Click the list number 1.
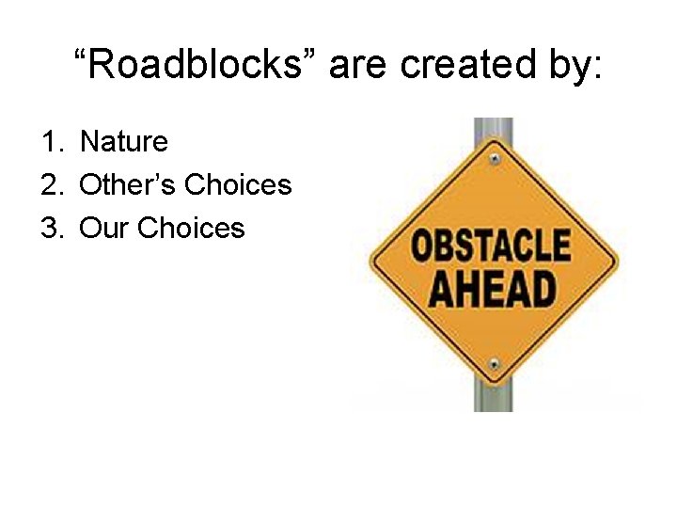coord(50,143)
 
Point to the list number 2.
coord(50,185)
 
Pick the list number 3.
coord(50,229)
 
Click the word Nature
coord(124,143)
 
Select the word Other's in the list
coord(128,185)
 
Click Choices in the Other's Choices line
coord(238,185)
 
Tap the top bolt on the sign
coord(494,161)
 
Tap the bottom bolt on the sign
coord(494,363)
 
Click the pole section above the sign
coord(494,129)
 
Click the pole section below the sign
coord(494,400)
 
